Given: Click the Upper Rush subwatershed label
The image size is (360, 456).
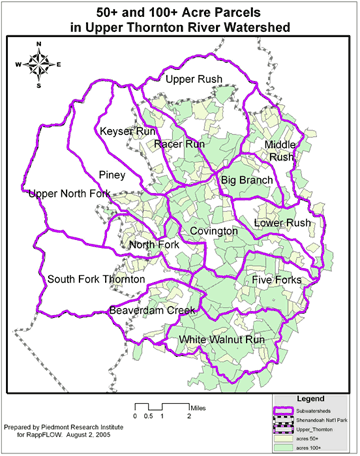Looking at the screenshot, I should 194,79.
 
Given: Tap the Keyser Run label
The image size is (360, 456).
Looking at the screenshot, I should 127,131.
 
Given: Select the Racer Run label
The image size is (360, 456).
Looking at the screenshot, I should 180,144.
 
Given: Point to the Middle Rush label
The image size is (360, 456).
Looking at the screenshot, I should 279,151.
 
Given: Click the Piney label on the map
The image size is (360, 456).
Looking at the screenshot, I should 111,174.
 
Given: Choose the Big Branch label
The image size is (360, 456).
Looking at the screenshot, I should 247,180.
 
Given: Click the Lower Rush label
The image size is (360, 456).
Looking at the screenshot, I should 283,223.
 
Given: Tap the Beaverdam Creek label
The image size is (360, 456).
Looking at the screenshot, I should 152,311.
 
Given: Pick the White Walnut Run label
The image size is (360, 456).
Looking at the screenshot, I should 222,341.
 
